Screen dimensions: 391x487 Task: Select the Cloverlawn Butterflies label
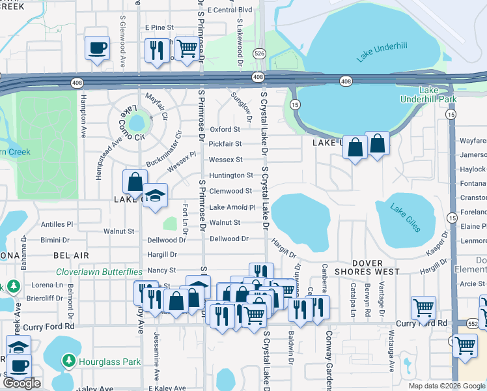tap(99, 271)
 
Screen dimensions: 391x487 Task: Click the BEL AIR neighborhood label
tap(71, 255)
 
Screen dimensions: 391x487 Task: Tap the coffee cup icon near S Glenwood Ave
tap(97, 48)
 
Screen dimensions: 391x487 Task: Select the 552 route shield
tap(473, 323)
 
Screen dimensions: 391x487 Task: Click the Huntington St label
tap(231, 175)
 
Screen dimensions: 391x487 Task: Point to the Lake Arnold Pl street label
tap(232, 207)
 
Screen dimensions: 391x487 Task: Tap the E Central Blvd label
tap(232, 10)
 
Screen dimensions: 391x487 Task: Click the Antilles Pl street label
tap(57, 224)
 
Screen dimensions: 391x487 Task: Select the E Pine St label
tap(160, 27)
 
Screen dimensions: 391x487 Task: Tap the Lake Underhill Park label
tap(437, 94)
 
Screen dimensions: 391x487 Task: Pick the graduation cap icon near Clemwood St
tap(155, 195)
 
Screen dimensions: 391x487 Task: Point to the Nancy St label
tap(163, 270)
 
